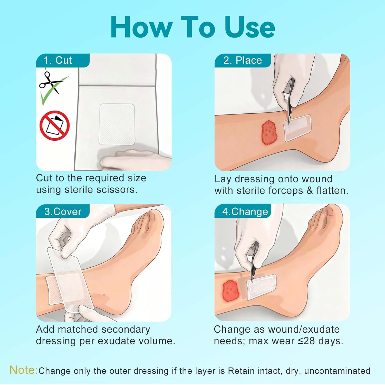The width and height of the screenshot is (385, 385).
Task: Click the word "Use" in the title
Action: click(x=250, y=27)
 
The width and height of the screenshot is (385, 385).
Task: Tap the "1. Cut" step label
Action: click(x=58, y=60)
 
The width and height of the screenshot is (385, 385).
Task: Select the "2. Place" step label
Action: click(x=243, y=60)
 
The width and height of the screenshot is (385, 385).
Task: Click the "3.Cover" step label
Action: click(x=63, y=211)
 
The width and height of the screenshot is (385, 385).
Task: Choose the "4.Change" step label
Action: click(x=245, y=211)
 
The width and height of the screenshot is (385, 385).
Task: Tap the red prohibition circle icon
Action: click(x=54, y=126)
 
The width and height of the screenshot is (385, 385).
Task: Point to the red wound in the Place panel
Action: click(x=269, y=132)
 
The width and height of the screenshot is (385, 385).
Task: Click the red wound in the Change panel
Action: click(x=230, y=291)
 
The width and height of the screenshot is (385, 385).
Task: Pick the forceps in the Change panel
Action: click(x=254, y=262)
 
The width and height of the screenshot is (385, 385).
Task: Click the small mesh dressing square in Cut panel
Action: click(x=117, y=124)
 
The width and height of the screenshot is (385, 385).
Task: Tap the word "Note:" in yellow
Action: click(x=24, y=370)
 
